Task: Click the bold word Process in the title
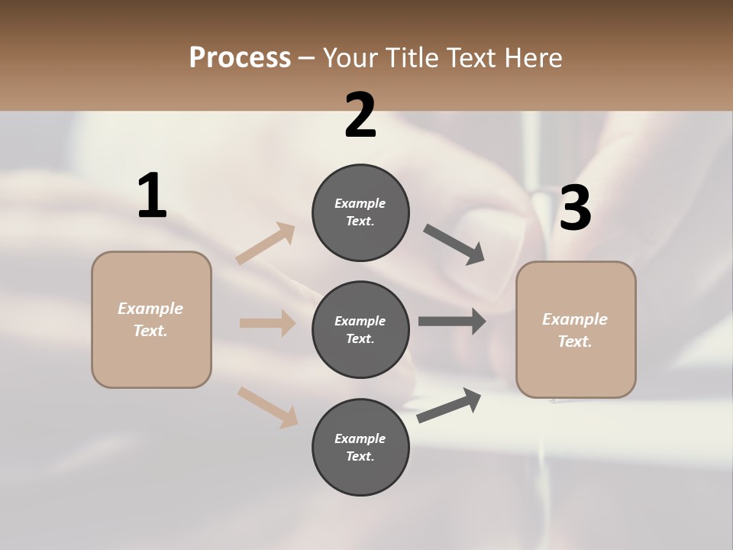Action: click(x=240, y=57)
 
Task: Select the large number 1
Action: click(x=152, y=196)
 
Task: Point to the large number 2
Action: click(x=360, y=116)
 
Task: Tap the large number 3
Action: click(x=575, y=209)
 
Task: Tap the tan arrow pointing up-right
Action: click(x=266, y=244)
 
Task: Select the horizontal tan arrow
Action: click(x=267, y=323)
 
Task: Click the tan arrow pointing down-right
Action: click(x=268, y=407)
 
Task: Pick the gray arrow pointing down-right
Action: click(x=454, y=244)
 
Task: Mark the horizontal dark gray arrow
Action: click(x=452, y=322)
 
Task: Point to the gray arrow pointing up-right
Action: click(x=449, y=406)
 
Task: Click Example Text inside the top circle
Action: click(x=360, y=212)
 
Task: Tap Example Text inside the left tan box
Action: click(x=151, y=319)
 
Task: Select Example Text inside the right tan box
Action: click(x=576, y=330)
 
